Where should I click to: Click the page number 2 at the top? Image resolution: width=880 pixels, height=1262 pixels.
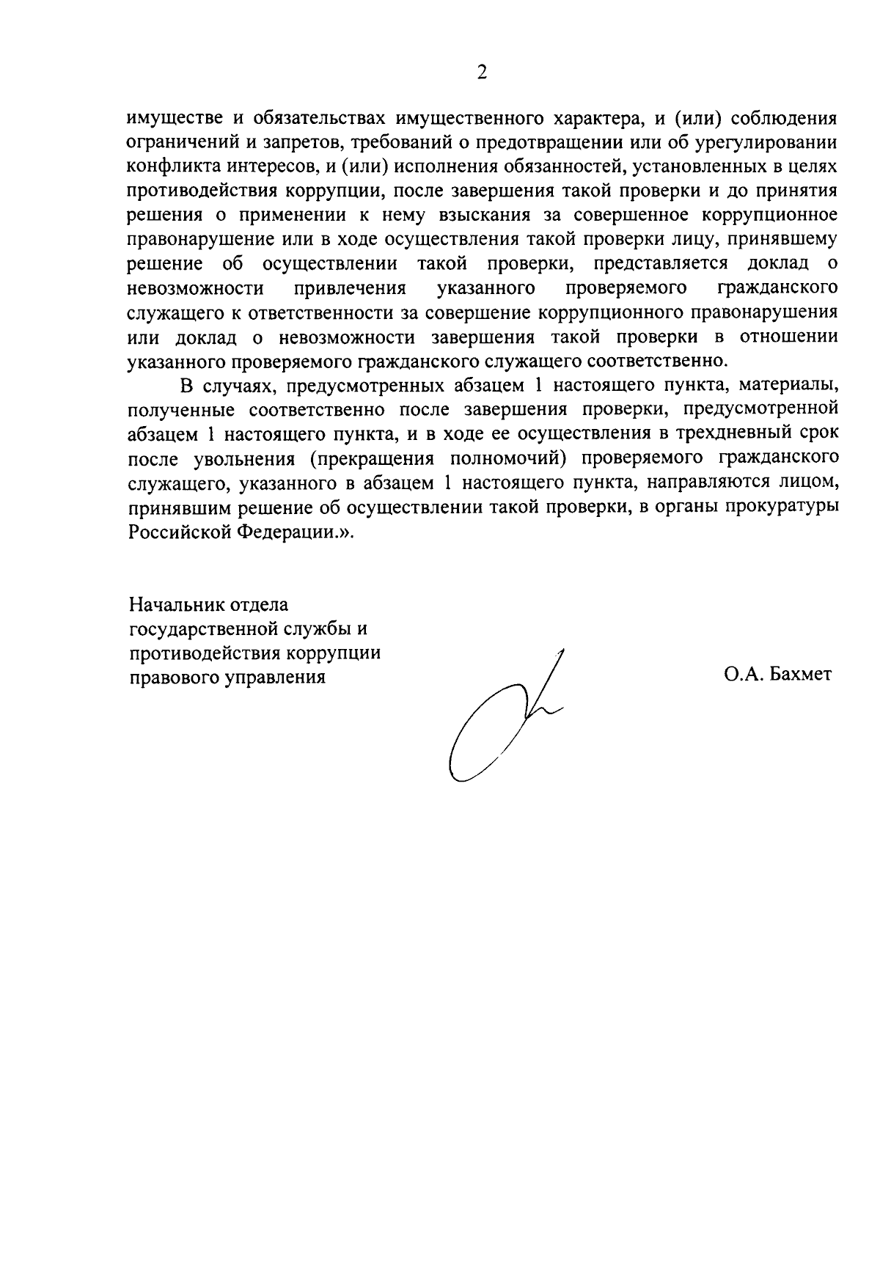(x=482, y=72)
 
